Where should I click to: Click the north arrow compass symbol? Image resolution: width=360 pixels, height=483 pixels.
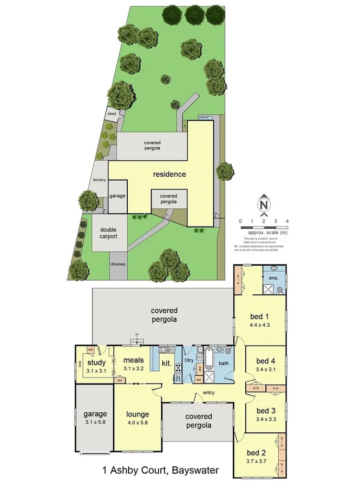pos(264,204)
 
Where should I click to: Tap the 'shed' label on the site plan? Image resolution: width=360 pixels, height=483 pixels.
pos(112,114)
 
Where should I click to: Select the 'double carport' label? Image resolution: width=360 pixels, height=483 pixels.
pos(108,233)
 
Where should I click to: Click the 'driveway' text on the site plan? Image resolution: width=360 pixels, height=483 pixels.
pos(118,264)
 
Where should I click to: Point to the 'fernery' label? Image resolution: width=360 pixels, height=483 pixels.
pos(99,180)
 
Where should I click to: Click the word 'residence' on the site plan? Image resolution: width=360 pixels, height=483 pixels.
pos(169,174)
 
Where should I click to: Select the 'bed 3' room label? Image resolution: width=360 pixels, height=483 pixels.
pos(266,410)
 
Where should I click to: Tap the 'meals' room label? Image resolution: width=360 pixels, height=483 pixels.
pos(133,360)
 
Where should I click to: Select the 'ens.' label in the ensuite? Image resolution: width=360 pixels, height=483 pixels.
pos(273,278)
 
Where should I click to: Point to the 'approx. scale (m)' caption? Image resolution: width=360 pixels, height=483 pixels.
pos(265,231)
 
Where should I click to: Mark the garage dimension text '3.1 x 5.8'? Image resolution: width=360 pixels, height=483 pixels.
pos(95,423)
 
